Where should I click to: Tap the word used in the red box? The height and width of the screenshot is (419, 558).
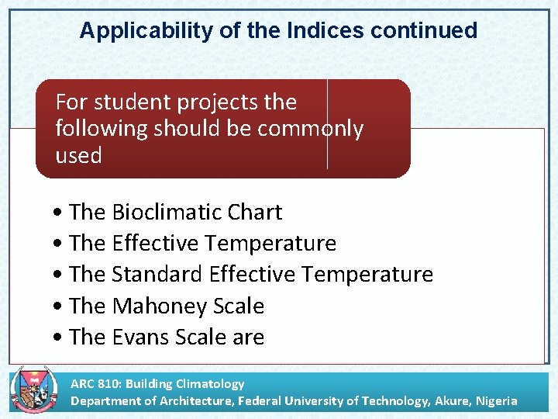click(x=78, y=155)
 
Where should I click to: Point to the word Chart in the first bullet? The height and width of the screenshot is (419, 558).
click(x=258, y=212)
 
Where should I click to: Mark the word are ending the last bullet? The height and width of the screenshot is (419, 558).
click(x=250, y=338)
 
